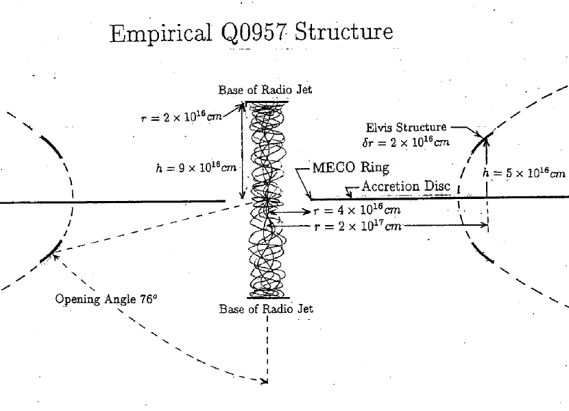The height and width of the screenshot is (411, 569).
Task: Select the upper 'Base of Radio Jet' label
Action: pos(265,91)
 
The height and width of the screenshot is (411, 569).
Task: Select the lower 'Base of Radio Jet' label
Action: pos(266,309)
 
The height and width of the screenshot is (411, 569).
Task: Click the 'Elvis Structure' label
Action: pos(407,127)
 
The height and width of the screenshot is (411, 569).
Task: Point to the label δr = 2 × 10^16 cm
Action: pos(406,143)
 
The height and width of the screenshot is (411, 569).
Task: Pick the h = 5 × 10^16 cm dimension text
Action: pos(524,173)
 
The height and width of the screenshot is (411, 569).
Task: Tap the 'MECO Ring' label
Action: pos(350,167)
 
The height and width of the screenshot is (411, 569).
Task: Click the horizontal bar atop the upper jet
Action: pos(267,102)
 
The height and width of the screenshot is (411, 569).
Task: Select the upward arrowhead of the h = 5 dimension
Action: pos(487,141)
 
